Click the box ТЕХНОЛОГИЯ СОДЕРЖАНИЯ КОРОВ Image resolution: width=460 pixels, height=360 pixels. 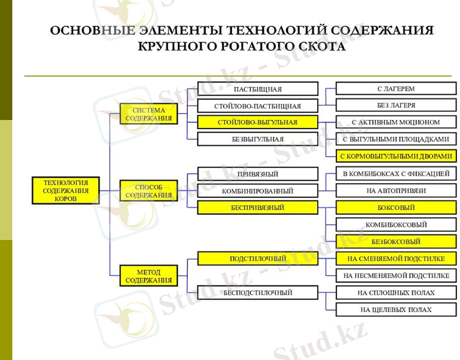point(65,190)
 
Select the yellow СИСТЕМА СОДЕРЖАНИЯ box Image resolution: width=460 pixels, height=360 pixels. point(148,114)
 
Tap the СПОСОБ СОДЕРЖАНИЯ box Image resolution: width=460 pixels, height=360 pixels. point(148,191)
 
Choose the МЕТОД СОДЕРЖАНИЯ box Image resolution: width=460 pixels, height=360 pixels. point(148,276)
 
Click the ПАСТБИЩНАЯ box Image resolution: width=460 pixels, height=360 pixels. point(257,89)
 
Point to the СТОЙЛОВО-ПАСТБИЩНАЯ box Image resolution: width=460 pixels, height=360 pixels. point(257,106)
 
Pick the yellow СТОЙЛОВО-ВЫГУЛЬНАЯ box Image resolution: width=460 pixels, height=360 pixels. point(257,122)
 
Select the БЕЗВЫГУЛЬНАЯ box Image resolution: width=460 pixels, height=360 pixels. point(257,139)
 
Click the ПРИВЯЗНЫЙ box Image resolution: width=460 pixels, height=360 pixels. point(257,174)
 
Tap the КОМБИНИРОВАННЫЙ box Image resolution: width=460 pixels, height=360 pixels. point(257,191)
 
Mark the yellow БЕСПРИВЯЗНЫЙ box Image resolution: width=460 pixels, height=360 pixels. point(257,208)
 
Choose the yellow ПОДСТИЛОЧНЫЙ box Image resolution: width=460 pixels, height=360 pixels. point(257,259)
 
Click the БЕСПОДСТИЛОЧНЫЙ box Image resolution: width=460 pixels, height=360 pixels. point(257,293)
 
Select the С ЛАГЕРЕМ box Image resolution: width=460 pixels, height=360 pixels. point(395,89)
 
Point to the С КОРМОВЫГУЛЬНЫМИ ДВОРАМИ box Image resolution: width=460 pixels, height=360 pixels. point(395,156)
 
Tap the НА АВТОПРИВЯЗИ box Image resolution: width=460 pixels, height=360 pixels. point(395,191)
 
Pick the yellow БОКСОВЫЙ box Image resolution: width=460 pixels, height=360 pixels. point(395,208)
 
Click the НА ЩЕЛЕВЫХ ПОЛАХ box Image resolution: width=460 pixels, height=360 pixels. point(395,310)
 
